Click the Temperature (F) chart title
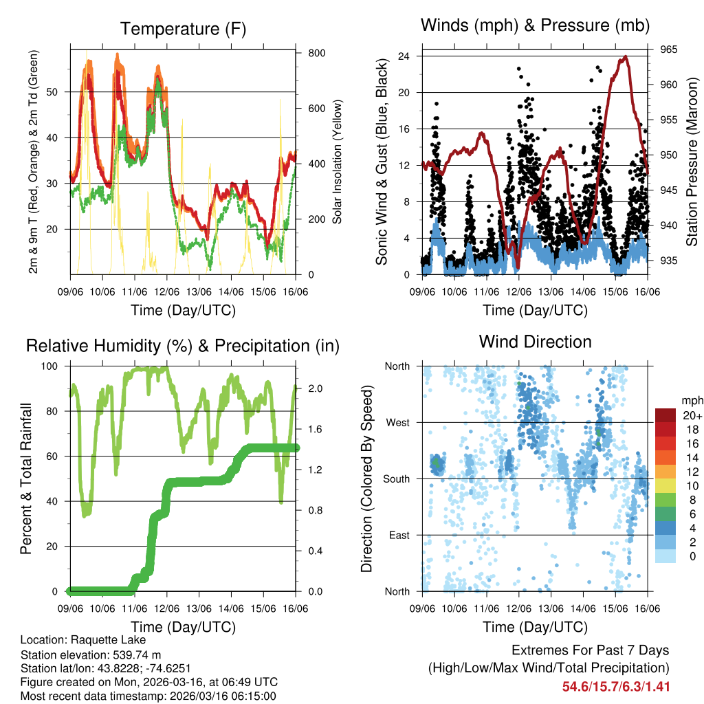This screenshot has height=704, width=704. coord(183,29)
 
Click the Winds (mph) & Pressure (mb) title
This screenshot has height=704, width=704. coord(536,25)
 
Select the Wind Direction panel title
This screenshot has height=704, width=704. coord(535,341)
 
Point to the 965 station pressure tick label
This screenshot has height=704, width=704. coord(668,49)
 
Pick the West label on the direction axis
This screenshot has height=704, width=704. coord(397,422)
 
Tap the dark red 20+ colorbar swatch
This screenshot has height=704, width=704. coord(665,415)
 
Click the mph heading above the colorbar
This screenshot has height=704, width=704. coord(690,400)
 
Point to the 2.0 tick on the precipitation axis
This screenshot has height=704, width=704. coord(311,388)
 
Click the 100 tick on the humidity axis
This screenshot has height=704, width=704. coord(56,366)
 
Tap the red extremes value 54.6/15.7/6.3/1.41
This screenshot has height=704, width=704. coord(615,686)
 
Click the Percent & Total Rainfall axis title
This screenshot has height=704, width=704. coord(25,479)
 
